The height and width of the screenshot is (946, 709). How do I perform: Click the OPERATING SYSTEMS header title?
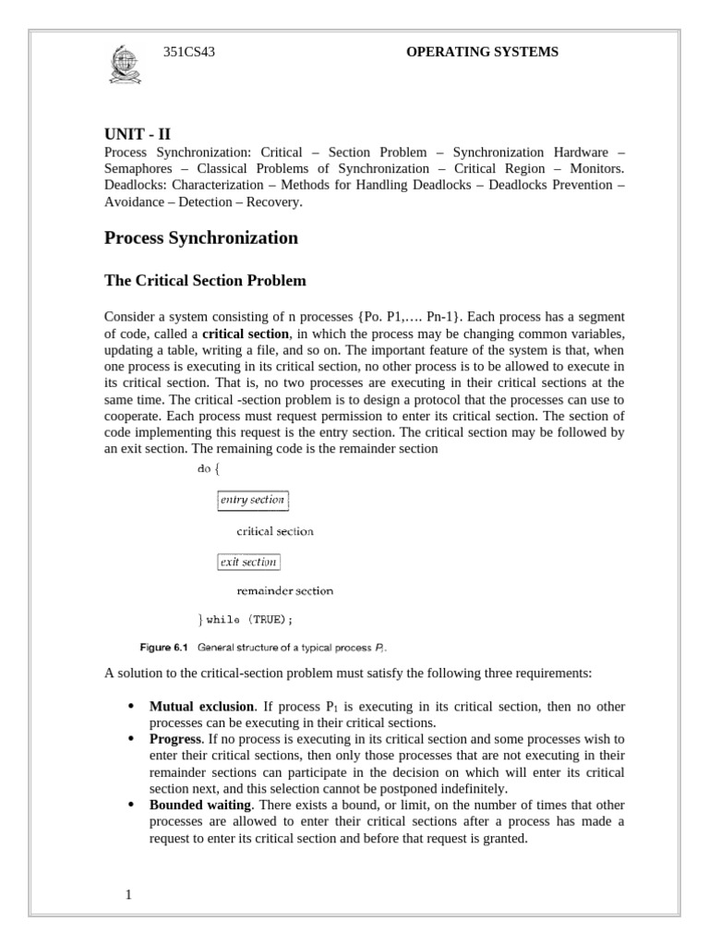pyautogui.click(x=482, y=53)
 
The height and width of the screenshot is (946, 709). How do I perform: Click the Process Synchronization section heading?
pyautogui.click(x=200, y=237)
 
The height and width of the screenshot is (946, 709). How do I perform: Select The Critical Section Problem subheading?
pyautogui.click(x=205, y=280)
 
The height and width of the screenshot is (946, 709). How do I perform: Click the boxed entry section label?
pyautogui.click(x=253, y=500)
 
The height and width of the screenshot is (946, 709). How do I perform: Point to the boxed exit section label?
pyautogui.click(x=247, y=562)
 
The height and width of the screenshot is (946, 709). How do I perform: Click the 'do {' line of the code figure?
pyautogui.click(x=209, y=468)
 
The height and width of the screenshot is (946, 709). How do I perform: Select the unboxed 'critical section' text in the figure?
pyautogui.click(x=275, y=531)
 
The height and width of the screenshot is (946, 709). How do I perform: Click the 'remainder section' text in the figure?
pyautogui.click(x=284, y=590)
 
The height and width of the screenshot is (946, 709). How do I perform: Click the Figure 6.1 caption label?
pyautogui.click(x=163, y=647)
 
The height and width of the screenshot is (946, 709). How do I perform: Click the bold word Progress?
pyautogui.click(x=174, y=739)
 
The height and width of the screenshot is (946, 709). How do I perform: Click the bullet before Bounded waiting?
pyautogui.click(x=130, y=806)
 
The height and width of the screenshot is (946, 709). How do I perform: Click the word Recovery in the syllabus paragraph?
pyautogui.click(x=274, y=201)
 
